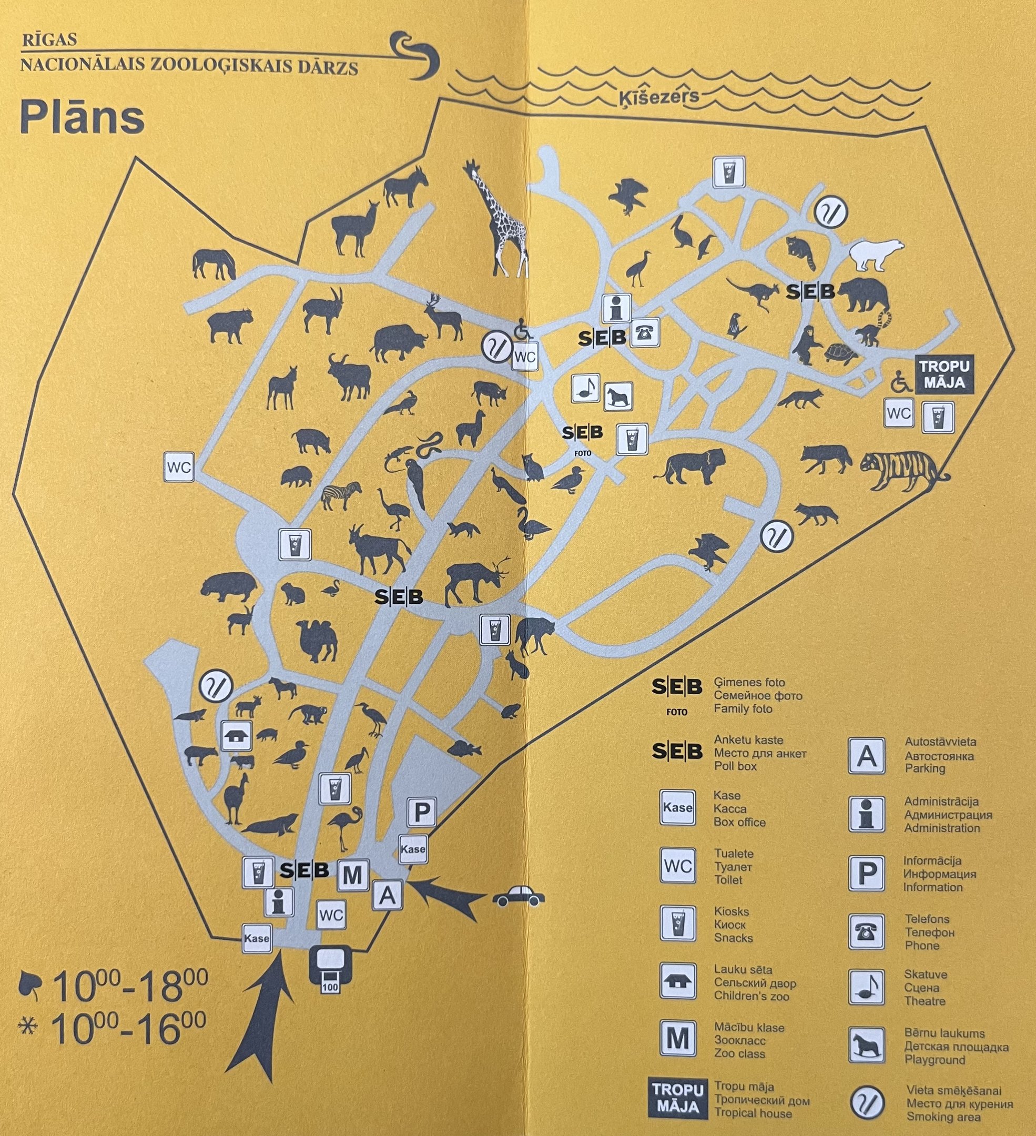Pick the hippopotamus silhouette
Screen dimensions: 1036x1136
pyautogui.click(x=229, y=586)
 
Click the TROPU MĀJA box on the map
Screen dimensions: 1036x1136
pyautogui.click(x=946, y=374)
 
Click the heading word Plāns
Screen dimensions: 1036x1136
pyautogui.click(x=82, y=118)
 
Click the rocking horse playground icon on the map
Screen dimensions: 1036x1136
pyautogui.click(x=618, y=396)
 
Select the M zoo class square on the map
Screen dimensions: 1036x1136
pyautogui.click(x=353, y=875)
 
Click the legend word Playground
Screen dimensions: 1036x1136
pyautogui.click(x=935, y=1059)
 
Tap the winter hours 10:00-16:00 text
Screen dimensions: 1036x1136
pyautogui.click(x=128, y=1029)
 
